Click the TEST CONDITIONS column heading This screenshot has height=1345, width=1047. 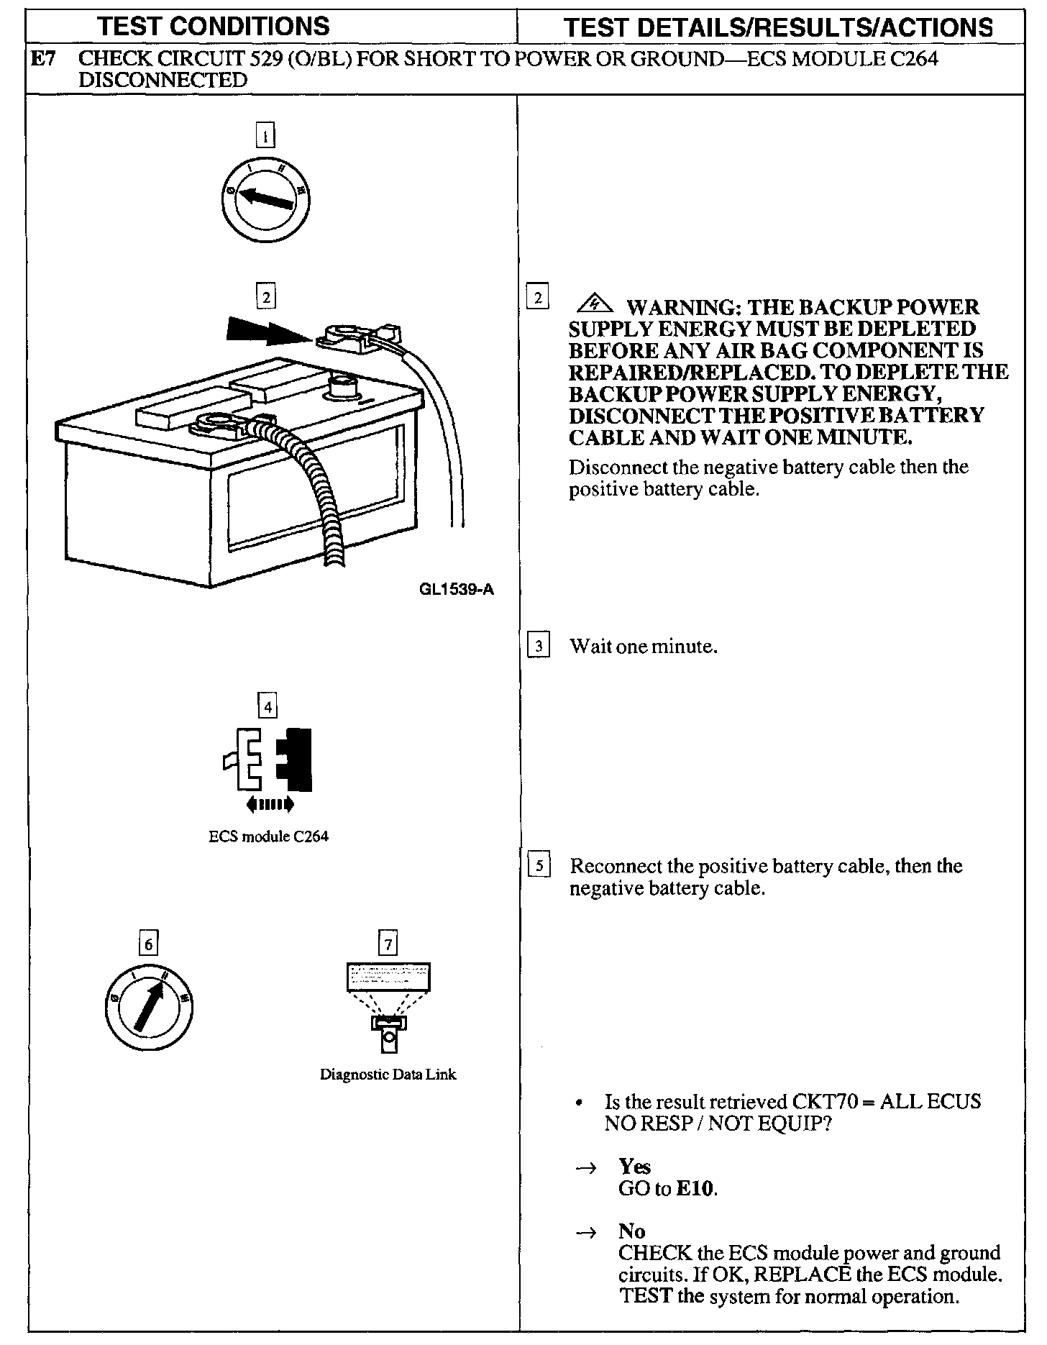coord(214,27)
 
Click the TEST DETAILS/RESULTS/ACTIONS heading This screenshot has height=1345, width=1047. coord(778,27)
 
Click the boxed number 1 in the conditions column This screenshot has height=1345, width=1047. coord(266,136)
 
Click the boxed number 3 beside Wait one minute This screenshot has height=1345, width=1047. coord(539,645)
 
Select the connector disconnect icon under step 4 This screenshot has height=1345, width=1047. coord(268,760)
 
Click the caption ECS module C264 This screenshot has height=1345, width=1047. coord(268,836)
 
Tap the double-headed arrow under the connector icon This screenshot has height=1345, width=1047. coord(269,804)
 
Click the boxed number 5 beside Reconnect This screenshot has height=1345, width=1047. coord(539,865)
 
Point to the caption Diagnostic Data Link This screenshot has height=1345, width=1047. coord(388,1075)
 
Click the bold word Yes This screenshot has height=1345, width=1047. coord(634,1166)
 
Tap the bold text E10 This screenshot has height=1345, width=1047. coord(695,1188)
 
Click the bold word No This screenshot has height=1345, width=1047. coord(631,1231)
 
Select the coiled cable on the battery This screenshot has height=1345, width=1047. coord(316,489)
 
